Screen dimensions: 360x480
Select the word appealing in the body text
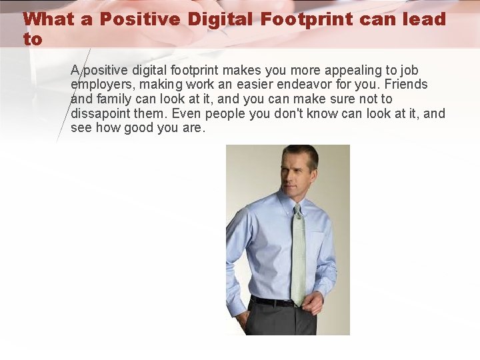pos(342,70)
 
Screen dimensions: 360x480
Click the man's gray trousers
pos(280,320)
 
